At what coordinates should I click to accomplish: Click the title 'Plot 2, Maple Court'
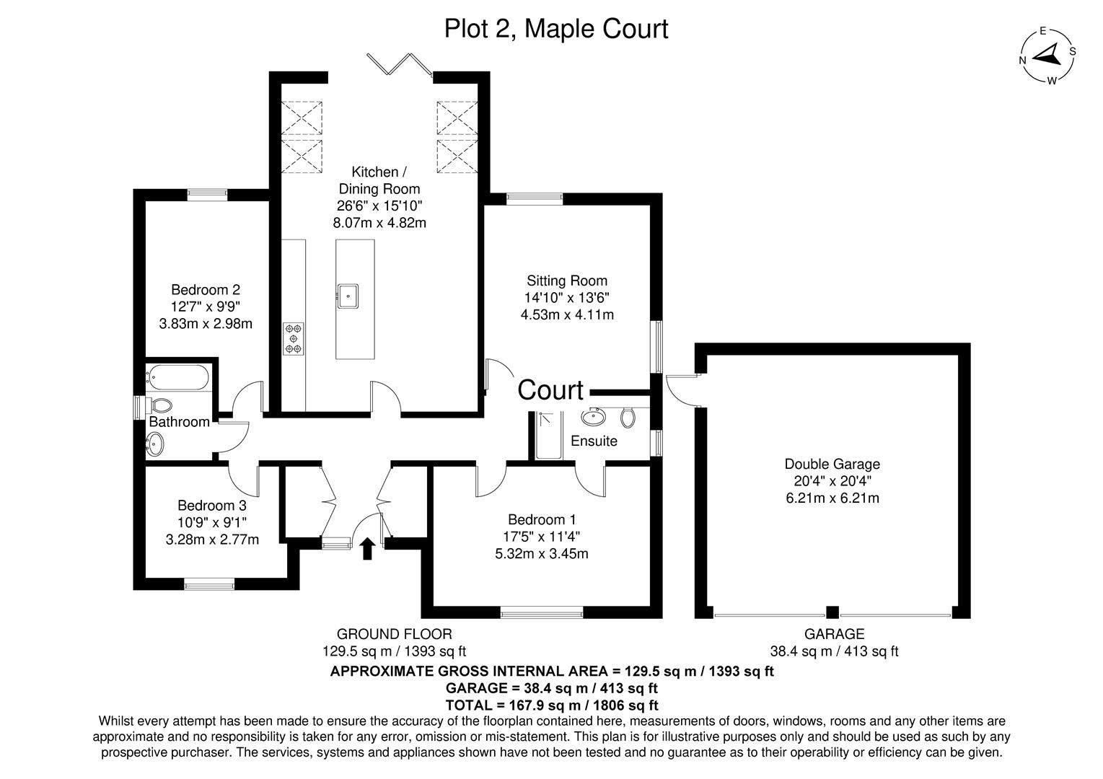point(555,29)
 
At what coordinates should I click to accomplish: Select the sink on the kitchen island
point(349,294)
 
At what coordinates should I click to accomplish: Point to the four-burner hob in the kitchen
point(294,338)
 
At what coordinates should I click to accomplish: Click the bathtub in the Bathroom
point(178,377)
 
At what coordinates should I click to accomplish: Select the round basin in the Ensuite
point(596,416)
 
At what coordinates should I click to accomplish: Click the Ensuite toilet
point(627,416)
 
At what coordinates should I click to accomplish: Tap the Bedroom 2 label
point(206,290)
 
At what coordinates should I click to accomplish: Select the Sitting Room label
point(567,281)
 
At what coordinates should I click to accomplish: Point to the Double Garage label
point(832,465)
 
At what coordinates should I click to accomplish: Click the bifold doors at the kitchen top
point(399,63)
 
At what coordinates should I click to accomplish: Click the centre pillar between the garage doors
point(832,613)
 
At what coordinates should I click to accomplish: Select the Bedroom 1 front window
point(542,614)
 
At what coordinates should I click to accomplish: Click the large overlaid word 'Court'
point(550,390)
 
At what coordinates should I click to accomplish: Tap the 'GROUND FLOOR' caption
point(395,634)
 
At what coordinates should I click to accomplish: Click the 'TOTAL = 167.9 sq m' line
point(553,705)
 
